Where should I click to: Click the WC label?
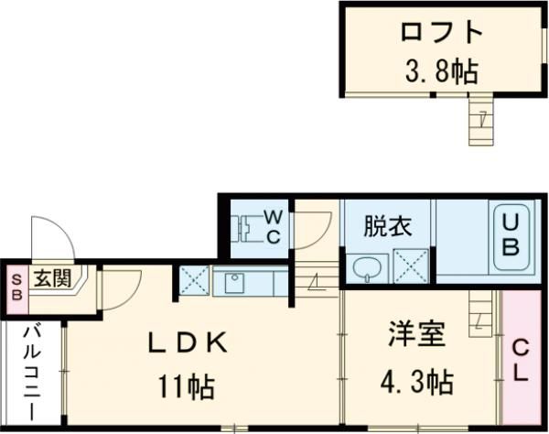click(273, 225)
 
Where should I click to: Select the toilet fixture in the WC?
click(244, 225)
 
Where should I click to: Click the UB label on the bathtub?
click(511, 235)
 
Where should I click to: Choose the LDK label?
click(188, 342)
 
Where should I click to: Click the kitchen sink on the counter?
click(233, 281)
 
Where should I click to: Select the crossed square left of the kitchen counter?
click(195, 279)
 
